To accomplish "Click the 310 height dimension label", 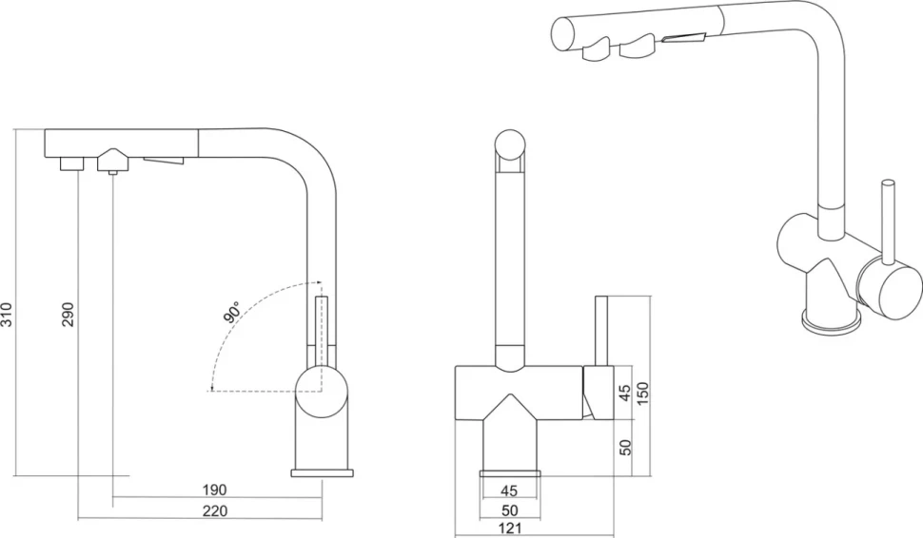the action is (x=7, y=315).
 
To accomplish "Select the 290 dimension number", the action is (x=69, y=315).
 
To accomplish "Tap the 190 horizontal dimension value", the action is (x=215, y=490).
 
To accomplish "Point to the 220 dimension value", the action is (x=215, y=510).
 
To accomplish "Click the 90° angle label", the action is (x=232, y=312).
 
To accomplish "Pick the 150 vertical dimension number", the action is (x=642, y=394).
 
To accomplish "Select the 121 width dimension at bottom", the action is (x=510, y=528).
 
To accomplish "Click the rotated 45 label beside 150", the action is (x=625, y=393).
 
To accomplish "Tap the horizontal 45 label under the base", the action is (x=509, y=490).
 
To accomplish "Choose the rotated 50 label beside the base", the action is (x=625, y=447).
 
